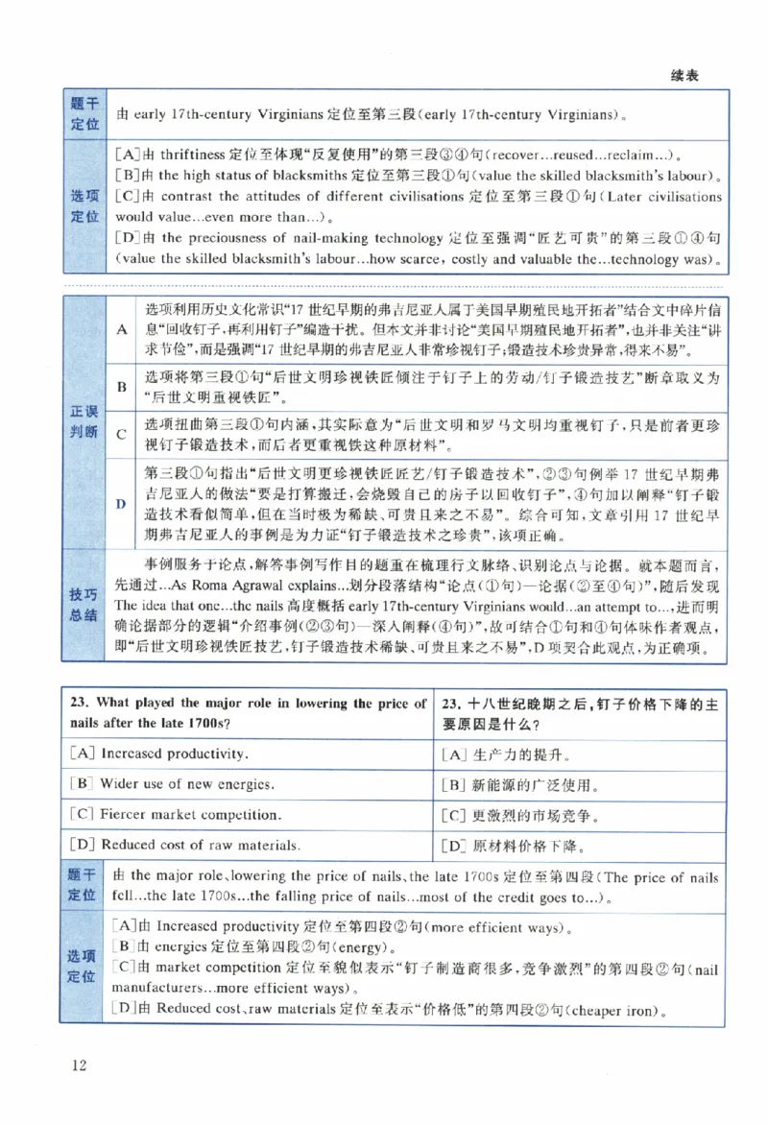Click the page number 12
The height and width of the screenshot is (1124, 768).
(79, 1065)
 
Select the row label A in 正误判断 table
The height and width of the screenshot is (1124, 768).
(122, 329)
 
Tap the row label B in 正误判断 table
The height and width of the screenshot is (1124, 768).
(122, 387)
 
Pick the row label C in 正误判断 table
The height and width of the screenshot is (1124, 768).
(122, 434)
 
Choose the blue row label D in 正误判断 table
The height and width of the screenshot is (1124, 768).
(122, 503)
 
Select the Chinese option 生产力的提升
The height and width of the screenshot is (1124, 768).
(522, 753)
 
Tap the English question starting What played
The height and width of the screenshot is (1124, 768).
(248, 712)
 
